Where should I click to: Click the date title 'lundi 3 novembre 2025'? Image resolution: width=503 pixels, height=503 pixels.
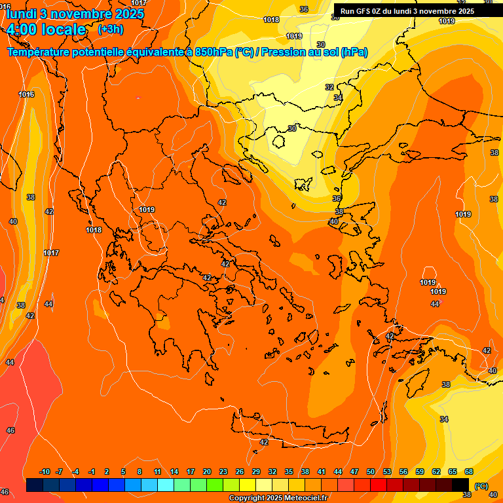click(x=75, y=13)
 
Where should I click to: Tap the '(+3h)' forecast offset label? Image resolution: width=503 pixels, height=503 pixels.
click(x=110, y=29)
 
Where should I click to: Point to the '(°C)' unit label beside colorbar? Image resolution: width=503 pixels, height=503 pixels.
click(x=481, y=486)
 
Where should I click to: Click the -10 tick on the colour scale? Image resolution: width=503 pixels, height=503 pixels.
click(x=45, y=472)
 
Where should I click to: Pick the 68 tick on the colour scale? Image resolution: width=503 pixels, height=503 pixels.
click(x=469, y=472)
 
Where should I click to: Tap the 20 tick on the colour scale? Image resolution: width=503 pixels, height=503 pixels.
click(x=207, y=472)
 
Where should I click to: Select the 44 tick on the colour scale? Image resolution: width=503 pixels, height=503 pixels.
click(x=338, y=472)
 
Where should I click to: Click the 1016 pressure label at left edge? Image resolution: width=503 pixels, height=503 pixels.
click(x=26, y=94)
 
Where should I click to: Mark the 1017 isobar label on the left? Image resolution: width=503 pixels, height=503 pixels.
click(x=51, y=253)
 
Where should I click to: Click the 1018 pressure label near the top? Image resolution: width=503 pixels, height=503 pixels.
click(x=271, y=20)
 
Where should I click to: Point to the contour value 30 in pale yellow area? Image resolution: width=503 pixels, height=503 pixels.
click(x=292, y=128)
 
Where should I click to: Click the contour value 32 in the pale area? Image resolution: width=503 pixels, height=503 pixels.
click(x=329, y=87)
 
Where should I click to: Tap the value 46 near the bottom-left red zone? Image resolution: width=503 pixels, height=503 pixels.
click(x=10, y=430)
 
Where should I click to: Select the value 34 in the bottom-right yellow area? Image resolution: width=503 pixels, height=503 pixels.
click(x=444, y=419)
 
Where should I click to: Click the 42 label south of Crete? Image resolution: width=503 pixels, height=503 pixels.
click(x=264, y=442)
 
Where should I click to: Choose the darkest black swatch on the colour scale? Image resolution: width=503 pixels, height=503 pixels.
click(x=460, y=485)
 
